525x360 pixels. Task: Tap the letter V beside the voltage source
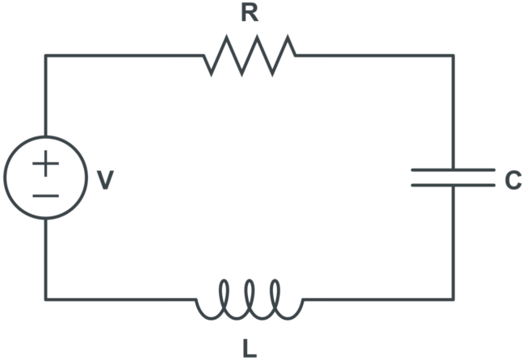(104, 180)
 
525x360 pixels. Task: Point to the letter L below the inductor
(250, 349)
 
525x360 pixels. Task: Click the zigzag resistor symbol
(250, 56)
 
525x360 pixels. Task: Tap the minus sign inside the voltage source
(45, 195)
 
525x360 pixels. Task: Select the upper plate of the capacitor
(452, 170)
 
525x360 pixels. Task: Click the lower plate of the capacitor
(452, 185)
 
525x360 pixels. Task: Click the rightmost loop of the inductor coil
(275, 295)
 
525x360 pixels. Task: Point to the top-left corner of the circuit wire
(45, 56)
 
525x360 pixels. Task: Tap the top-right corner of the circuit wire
(452, 56)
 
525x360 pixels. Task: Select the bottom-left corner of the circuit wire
(45, 299)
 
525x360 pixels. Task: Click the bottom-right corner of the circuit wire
(452, 299)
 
